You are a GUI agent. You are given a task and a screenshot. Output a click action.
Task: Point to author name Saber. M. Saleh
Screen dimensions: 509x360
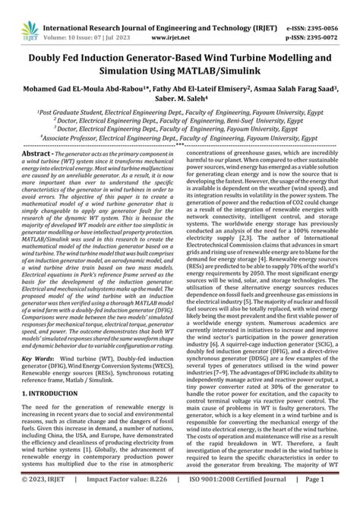(180, 97)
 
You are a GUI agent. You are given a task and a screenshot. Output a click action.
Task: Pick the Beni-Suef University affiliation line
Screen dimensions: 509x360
(180, 120)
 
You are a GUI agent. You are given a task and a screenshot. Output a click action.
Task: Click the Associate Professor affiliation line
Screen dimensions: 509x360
(180, 140)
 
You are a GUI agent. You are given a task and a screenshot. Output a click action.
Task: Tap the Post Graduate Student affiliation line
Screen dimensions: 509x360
(180, 110)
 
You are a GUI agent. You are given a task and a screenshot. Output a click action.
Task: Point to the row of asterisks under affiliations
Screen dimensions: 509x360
(180, 146)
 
